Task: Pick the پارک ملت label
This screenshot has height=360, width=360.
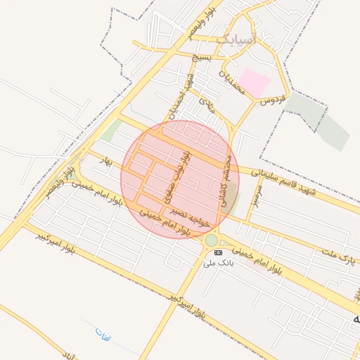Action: pyautogui.click(x=336, y=255)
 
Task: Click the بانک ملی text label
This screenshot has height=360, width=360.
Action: pyautogui.click(x=217, y=263)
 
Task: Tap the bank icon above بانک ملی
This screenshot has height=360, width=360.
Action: pyautogui.click(x=218, y=252)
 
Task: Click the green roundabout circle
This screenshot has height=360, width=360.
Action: pyautogui.click(x=212, y=240)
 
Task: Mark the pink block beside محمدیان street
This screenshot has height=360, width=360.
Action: pyautogui.click(x=255, y=84)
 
